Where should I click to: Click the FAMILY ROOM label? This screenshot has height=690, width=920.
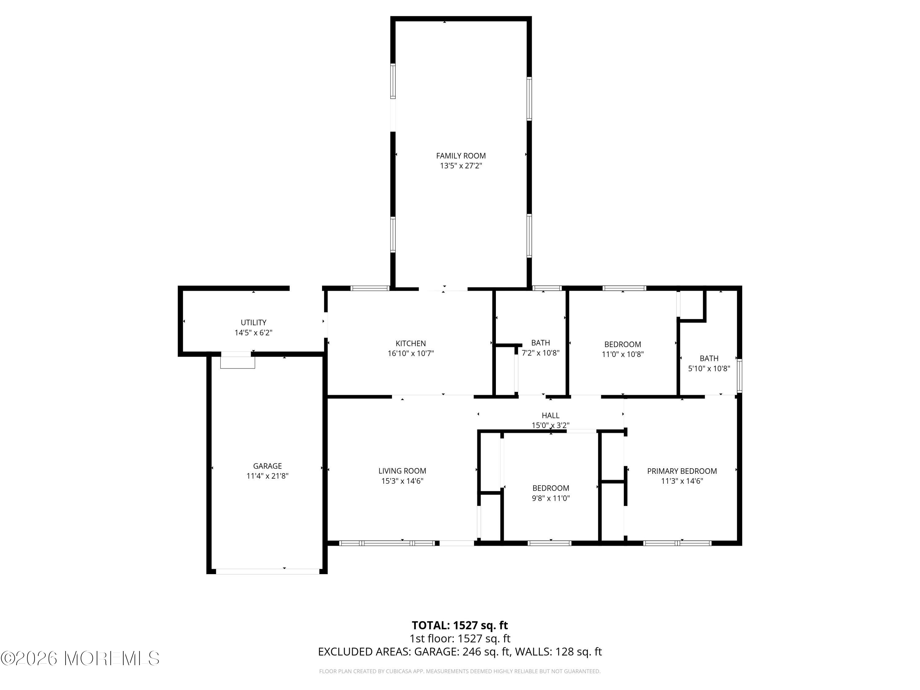coord(461,156)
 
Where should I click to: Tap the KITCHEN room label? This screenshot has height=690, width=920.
coord(411,343)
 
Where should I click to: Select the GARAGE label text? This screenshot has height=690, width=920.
coord(267,466)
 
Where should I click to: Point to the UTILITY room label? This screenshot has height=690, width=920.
coord(254,323)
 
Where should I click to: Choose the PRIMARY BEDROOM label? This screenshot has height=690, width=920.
coord(682,471)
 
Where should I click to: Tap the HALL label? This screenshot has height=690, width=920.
coord(551,416)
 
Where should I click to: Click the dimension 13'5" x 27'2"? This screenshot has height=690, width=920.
coord(461,166)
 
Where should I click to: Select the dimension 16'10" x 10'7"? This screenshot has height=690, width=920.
coord(411,354)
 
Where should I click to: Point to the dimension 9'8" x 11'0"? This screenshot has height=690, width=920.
coord(551,498)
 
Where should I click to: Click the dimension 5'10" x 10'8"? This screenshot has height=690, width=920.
coord(709,369)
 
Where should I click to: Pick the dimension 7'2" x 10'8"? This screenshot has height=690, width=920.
coord(541,353)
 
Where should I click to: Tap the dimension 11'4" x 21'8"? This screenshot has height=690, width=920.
coord(267,476)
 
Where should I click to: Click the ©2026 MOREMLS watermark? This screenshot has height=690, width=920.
coord(80,658)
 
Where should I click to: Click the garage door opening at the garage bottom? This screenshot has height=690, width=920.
coord(267,571)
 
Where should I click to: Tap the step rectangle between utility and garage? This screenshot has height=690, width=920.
coord(237,360)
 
